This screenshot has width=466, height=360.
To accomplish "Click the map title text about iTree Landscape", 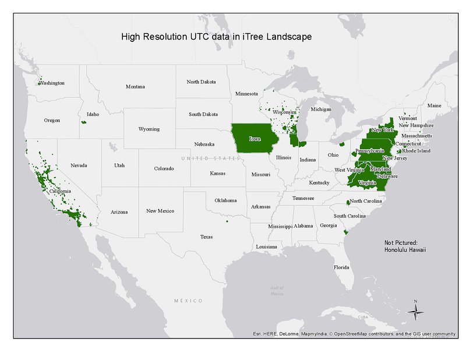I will point(216,37).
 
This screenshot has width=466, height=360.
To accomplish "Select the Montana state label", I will point(135,87).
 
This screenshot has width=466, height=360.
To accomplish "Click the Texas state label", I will point(206,237).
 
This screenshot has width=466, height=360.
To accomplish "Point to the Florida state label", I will point(341,267).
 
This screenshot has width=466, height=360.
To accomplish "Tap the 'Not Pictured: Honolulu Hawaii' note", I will point(405,246).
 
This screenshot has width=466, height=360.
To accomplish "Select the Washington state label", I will point(52,83).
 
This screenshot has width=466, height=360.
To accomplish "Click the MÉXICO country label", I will point(188,301).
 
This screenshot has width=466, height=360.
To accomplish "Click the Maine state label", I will point(434,105).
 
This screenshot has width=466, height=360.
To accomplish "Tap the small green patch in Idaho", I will point(83,122).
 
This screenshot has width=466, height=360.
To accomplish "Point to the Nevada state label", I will point(79,165).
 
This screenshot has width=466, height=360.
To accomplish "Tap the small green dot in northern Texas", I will point(227,221).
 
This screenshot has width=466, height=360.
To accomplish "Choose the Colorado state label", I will point(164,168).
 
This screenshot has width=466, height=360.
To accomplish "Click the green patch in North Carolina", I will point(348,202).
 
